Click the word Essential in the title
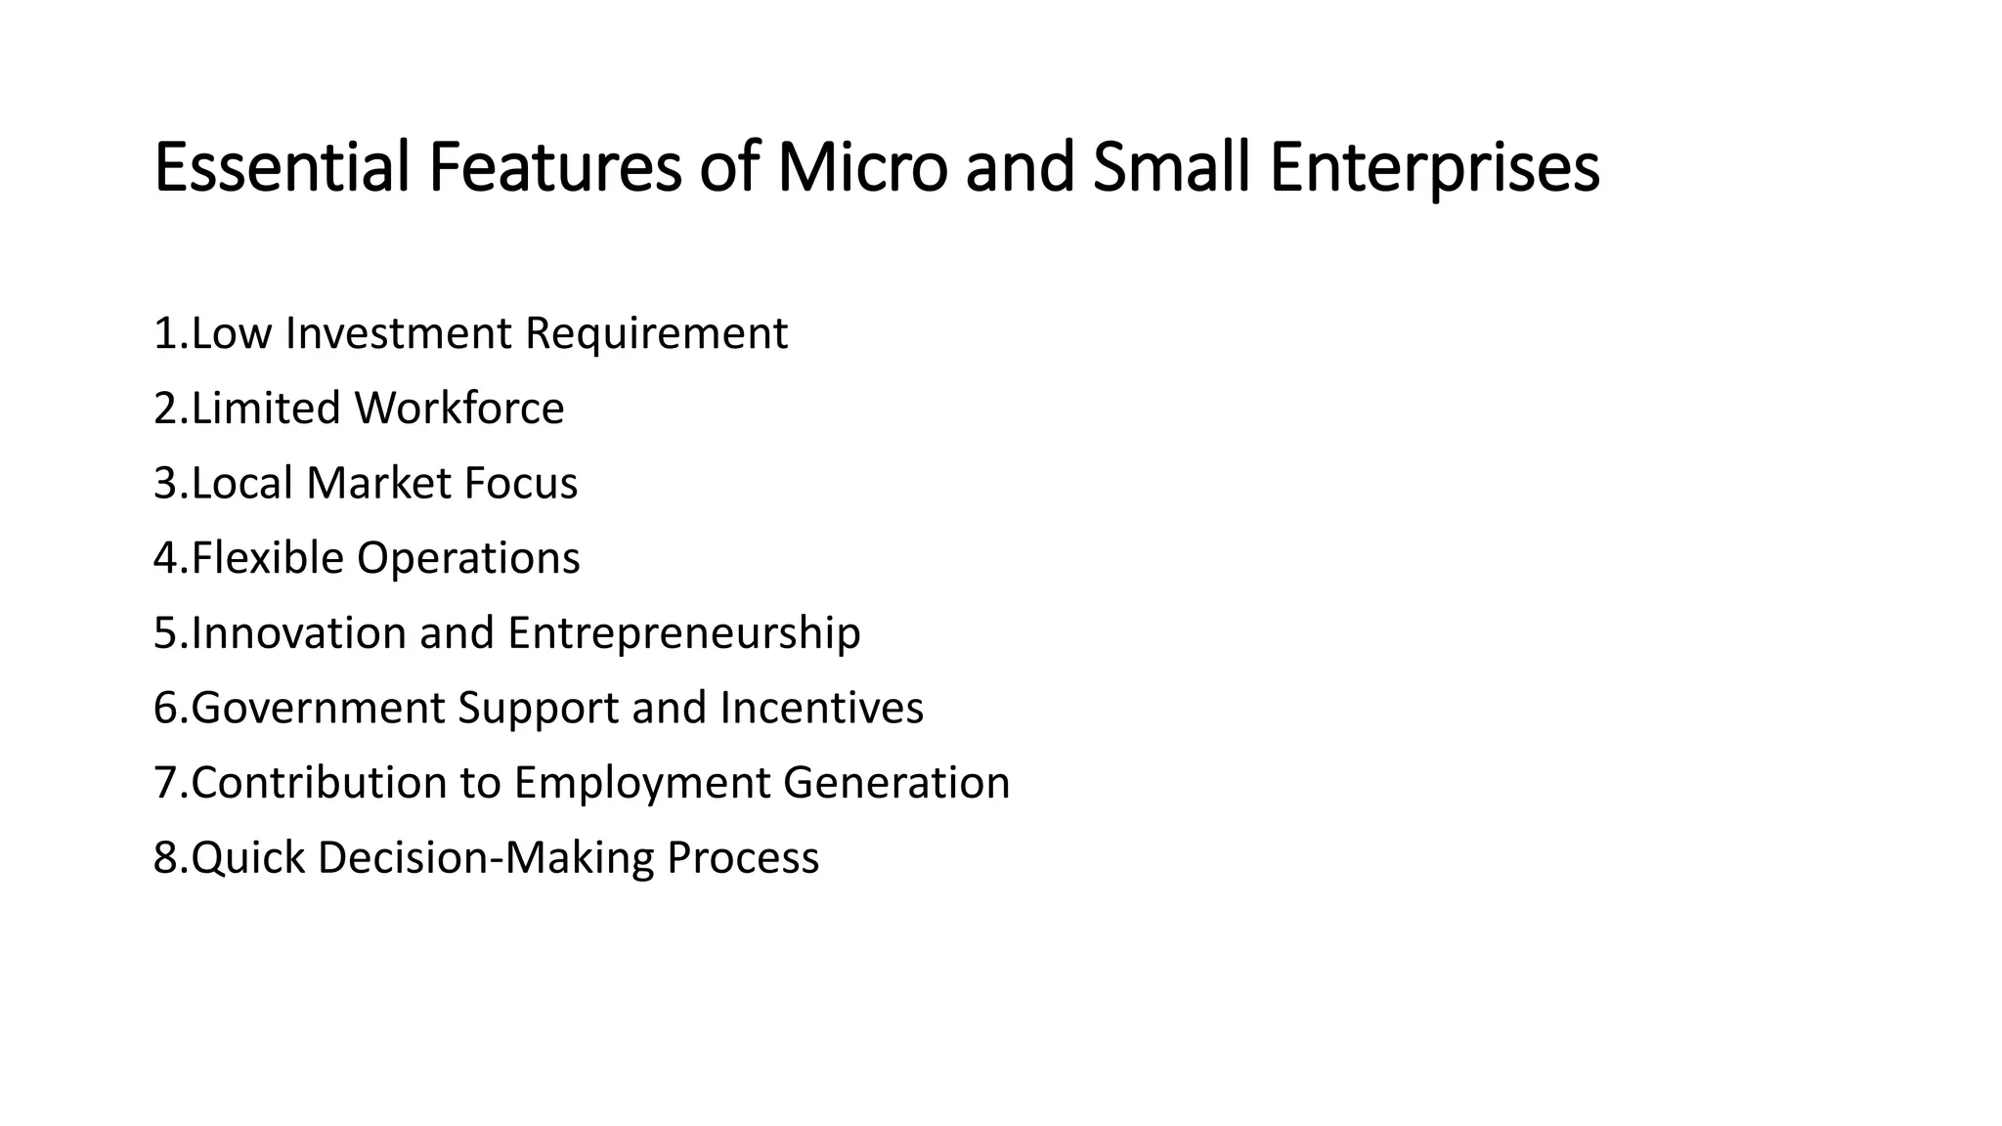(282, 167)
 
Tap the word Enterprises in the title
(1434, 169)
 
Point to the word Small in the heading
(1171, 167)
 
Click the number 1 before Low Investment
(164, 333)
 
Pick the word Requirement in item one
(656, 333)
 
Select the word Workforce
(459, 408)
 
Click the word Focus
(520, 483)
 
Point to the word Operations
(468, 558)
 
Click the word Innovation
(298, 632)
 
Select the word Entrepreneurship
(684, 634)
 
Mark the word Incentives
(821, 708)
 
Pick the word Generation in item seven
(896, 783)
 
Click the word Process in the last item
(743, 858)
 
